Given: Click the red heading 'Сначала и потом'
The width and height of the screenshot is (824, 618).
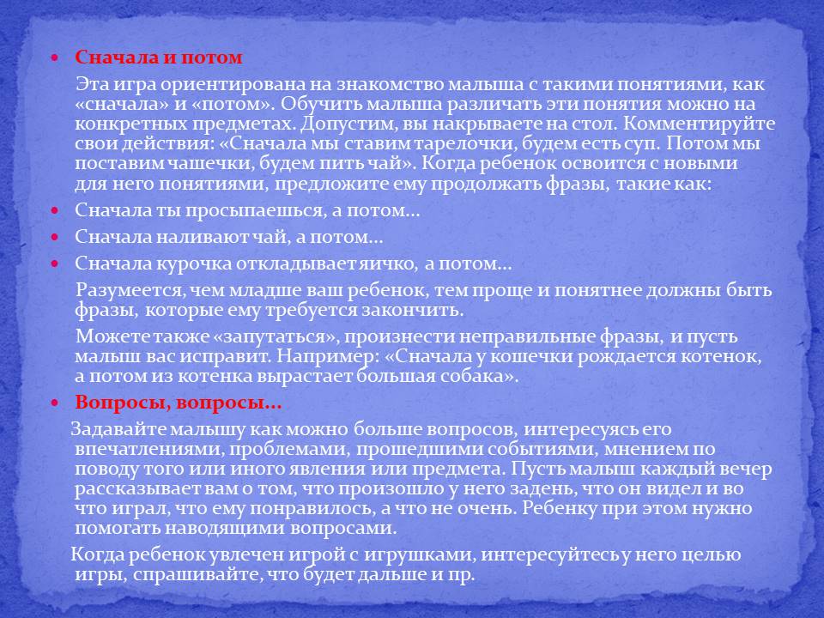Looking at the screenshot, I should point(159,58).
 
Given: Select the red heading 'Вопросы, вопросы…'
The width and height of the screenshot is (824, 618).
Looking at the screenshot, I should point(179,403).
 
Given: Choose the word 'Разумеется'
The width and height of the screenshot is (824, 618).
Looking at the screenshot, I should point(126,290).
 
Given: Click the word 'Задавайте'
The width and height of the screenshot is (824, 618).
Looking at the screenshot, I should point(117,428).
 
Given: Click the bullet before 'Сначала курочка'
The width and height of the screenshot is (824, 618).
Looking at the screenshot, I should point(55,264).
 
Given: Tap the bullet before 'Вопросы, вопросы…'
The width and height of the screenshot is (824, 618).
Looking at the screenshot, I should point(55,403).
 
